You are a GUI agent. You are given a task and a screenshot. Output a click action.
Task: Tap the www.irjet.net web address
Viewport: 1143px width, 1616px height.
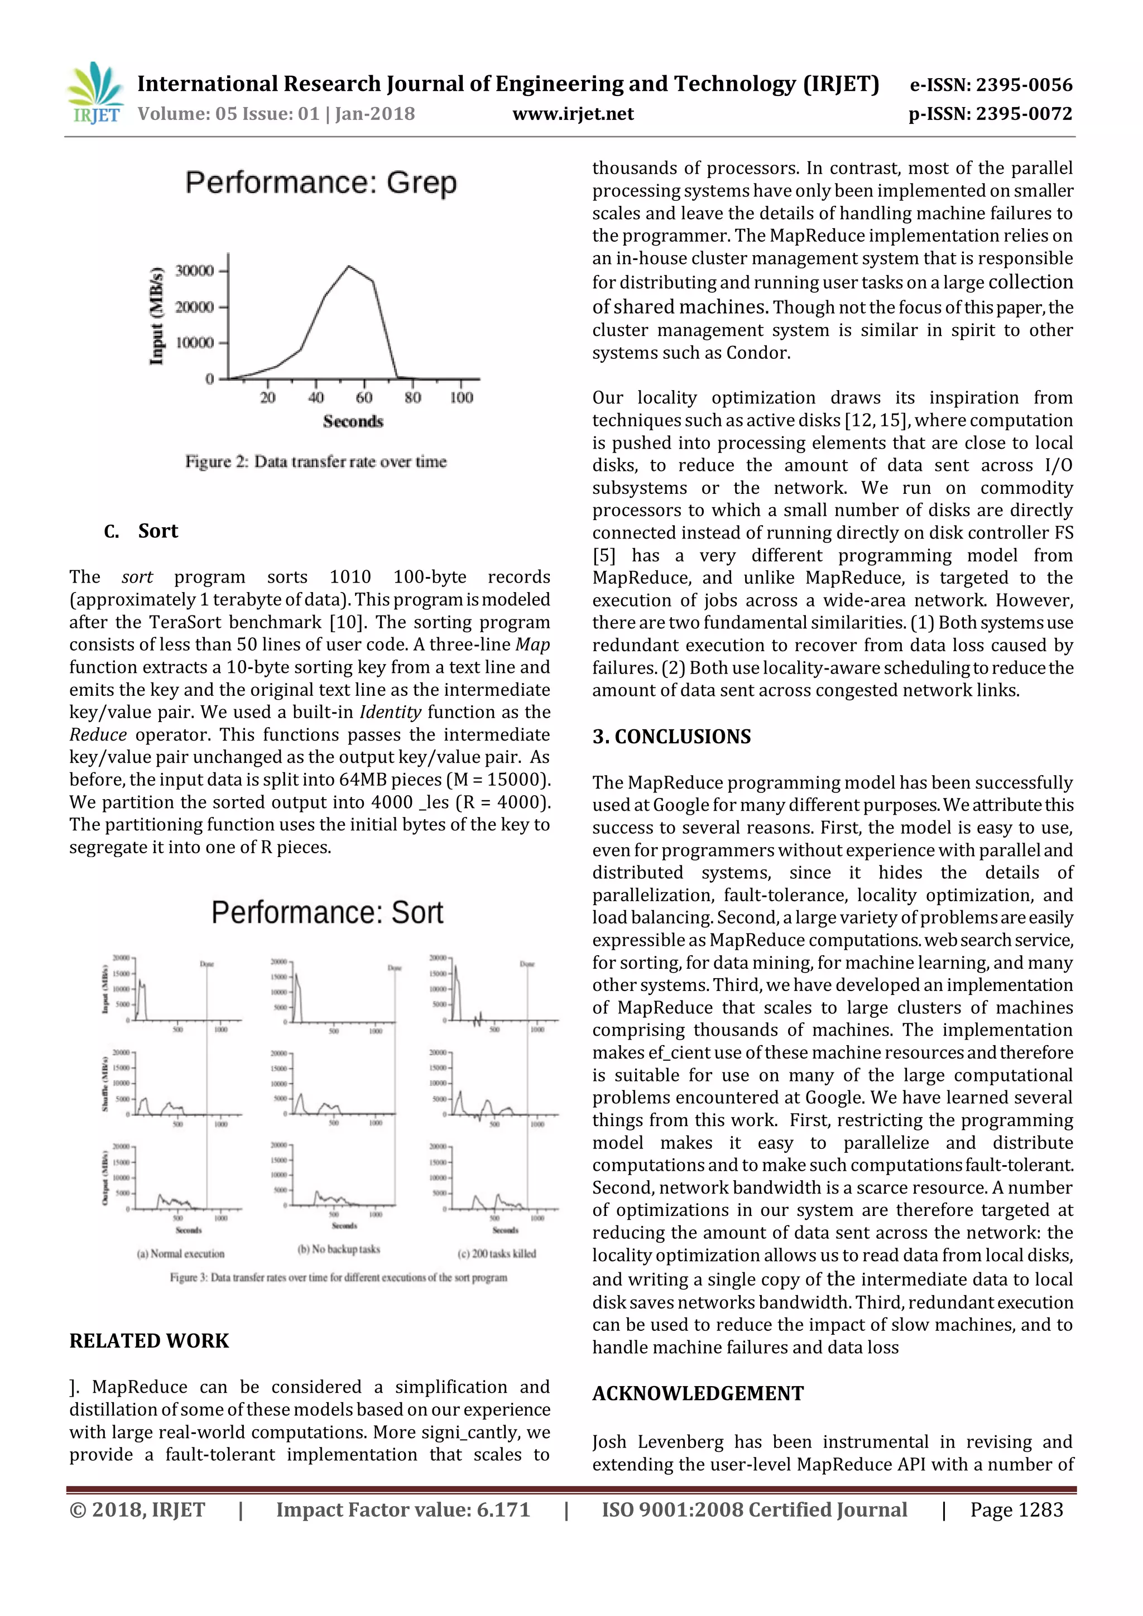click(x=573, y=114)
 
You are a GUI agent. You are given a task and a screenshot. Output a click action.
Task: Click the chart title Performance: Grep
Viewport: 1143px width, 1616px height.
click(x=321, y=183)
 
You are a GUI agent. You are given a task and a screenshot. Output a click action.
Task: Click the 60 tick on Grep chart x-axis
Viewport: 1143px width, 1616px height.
click(x=364, y=398)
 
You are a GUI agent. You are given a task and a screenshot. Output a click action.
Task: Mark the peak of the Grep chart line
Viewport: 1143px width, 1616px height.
click(x=349, y=266)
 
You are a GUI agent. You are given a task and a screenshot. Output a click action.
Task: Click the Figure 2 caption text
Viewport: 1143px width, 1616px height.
click(x=316, y=461)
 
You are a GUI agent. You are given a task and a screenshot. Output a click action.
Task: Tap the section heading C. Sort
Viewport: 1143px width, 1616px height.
click(x=141, y=531)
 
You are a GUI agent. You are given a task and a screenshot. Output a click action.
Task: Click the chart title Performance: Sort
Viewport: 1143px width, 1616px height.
click(x=327, y=913)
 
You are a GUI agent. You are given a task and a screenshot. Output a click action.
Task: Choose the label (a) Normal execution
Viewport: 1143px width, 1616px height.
click(x=180, y=1253)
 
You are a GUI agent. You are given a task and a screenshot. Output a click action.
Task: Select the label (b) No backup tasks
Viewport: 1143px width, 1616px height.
click(x=339, y=1249)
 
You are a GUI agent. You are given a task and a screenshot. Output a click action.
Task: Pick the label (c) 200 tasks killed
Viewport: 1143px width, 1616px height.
click(x=497, y=1253)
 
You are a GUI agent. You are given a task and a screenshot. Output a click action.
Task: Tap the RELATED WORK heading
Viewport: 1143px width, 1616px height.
click(x=149, y=1341)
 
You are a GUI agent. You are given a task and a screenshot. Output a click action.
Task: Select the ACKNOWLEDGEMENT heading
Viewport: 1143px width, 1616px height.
click(x=698, y=1393)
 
